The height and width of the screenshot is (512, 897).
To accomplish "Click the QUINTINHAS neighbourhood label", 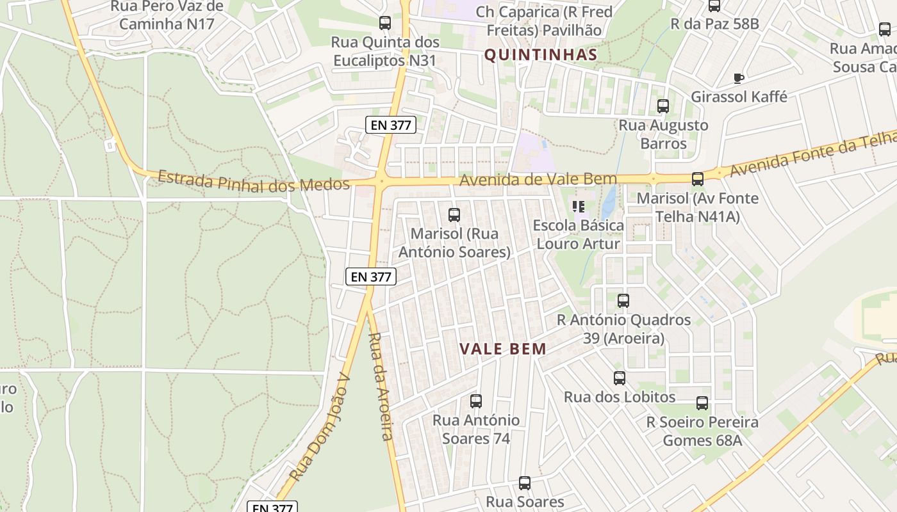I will coord(540,55).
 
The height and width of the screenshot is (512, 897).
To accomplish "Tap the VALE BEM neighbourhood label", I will coord(503,349).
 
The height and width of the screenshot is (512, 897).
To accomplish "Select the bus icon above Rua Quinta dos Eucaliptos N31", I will coord(385,23).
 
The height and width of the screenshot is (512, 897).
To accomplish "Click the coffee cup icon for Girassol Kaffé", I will coord(738,78).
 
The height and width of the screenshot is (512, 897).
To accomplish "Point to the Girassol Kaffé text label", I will coord(739,97).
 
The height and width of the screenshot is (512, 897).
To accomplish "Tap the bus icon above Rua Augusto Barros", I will coord(663,106).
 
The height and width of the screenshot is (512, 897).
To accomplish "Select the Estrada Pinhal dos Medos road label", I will coord(254,181).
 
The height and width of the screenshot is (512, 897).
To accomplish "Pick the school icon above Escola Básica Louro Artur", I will coord(579,207).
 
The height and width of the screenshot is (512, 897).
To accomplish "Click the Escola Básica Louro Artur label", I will coord(578,234).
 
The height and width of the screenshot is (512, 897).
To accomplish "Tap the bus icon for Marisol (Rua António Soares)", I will coord(454,215).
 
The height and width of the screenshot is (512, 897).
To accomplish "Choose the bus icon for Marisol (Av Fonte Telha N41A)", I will coord(698,179).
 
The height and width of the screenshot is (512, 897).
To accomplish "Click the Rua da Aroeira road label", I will coord(380,386).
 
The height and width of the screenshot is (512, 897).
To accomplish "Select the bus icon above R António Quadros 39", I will coord(623,301).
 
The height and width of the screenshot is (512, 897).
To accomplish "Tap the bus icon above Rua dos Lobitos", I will coord(619,378).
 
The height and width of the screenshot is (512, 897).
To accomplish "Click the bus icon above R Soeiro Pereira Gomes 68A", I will coord(702,403).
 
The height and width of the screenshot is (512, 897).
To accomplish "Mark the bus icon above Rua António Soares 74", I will coord(476,401).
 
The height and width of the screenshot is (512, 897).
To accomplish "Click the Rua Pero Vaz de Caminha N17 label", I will coord(167,15).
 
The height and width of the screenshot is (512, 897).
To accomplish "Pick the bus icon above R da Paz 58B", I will coord(714,6).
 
